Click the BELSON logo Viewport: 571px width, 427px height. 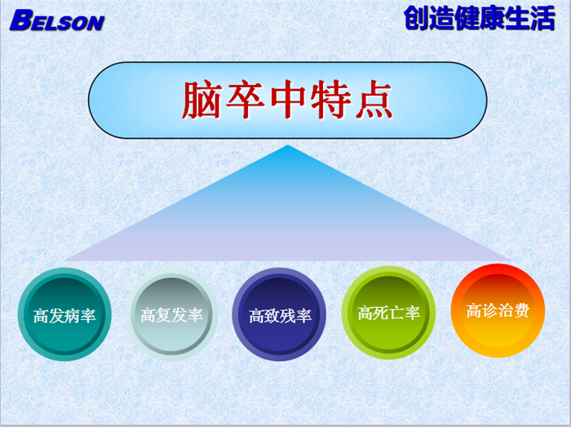57,20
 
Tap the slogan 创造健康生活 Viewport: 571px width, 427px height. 479,17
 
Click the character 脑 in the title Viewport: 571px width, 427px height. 201,100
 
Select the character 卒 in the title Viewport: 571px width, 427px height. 245,100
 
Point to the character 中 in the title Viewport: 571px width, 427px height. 288,100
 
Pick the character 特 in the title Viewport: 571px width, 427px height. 330,100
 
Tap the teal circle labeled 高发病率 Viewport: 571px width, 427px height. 64,314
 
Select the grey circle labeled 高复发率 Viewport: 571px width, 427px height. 171,314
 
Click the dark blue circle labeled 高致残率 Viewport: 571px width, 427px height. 279,314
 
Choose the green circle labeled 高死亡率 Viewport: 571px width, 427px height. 388,313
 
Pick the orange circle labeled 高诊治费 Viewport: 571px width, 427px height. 498,310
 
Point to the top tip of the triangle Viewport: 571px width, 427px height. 288,145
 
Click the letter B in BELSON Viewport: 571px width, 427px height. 20,20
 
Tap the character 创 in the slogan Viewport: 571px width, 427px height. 416,17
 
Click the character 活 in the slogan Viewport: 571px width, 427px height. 542,17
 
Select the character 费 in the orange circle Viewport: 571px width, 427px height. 521,311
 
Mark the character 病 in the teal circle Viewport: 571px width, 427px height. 72,315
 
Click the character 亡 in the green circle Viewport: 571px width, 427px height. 396,313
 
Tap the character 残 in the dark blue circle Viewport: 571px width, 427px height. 288,316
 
